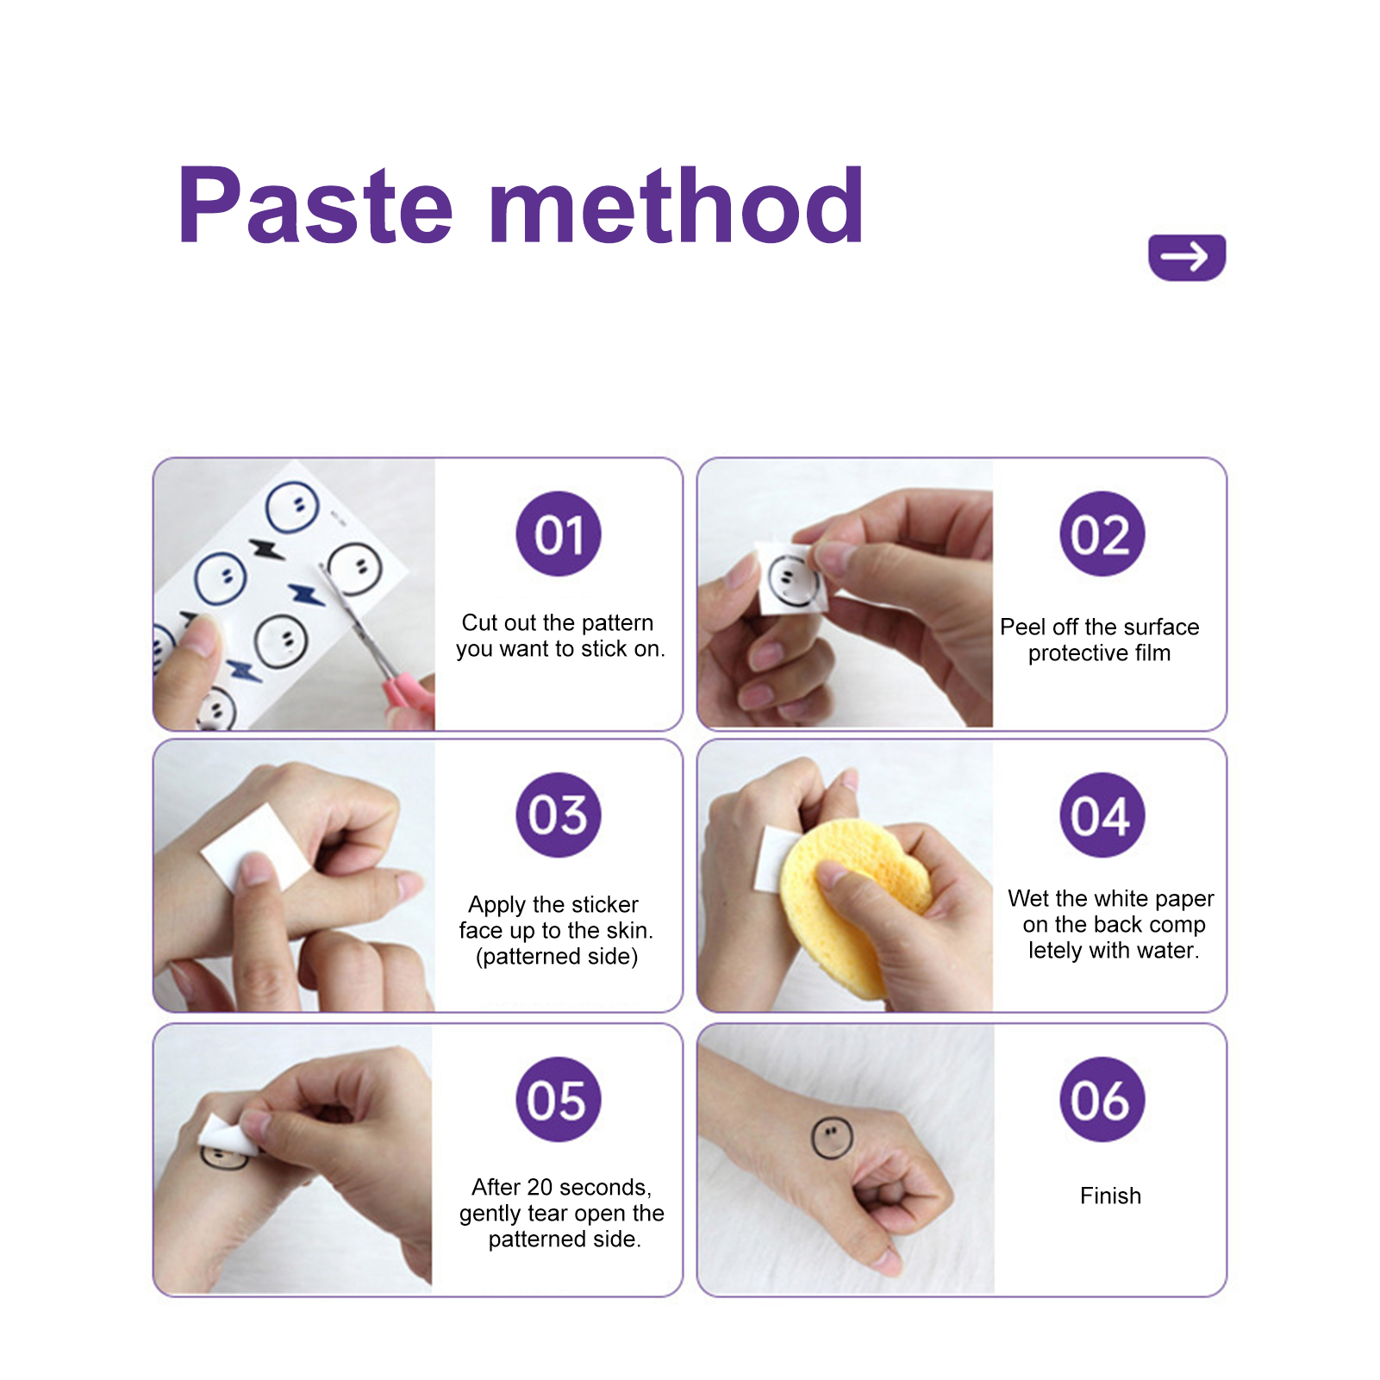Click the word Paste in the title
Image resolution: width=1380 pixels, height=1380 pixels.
315,205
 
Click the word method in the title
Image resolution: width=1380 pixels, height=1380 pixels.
677,204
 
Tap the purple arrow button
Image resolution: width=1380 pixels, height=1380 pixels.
1187,257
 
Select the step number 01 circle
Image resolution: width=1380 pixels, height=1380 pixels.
559,534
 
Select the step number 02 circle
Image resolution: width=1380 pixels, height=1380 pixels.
1102,534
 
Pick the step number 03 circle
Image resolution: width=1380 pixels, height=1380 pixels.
559,815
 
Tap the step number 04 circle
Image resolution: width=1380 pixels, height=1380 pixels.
1102,815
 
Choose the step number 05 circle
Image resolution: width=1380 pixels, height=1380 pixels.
559,1099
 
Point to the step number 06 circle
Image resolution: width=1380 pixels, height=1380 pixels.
1102,1099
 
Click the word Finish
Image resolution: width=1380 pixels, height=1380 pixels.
1110,1196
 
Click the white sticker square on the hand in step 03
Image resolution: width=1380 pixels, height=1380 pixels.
254,846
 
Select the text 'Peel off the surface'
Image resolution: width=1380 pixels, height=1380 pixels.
1099,627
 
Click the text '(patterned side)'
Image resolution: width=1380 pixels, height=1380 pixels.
557,957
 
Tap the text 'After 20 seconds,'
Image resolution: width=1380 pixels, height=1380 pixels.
561,1187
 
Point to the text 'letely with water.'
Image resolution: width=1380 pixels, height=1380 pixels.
1114,951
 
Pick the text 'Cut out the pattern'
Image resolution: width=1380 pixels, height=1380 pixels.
558,622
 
